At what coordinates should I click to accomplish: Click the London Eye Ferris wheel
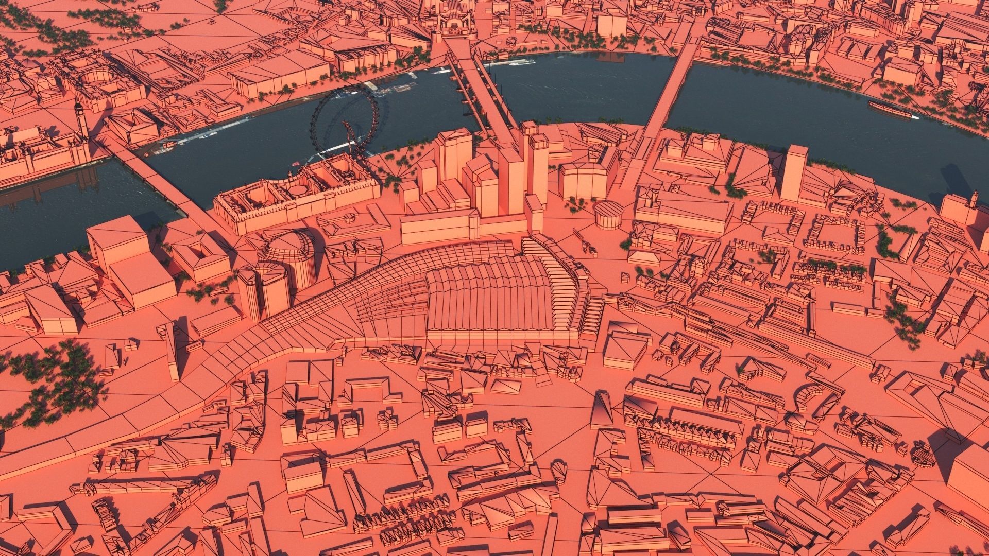[x=344, y=119]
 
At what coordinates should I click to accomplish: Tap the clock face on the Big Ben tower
[x=78, y=109]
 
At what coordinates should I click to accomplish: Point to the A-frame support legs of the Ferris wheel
[x=352, y=142]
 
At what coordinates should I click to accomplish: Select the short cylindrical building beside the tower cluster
[x=609, y=215]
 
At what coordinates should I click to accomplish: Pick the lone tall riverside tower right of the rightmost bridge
[x=793, y=172]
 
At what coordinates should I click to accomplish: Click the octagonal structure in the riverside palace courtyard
[x=296, y=190]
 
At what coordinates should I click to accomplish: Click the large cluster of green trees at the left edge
[x=57, y=381]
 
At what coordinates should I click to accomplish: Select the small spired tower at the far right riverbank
[x=974, y=201]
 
